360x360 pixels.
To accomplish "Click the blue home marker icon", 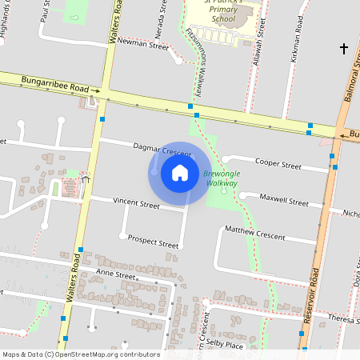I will click(x=180, y=172).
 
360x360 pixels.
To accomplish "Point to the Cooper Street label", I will click(x=278, y=165).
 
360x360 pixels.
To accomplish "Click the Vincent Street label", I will click(x=136, y=204).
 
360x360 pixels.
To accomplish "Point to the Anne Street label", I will click(x=116, y=274).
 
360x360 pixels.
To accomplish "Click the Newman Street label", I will click(x=143, y=46).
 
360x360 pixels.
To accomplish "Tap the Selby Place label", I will click(x=224, y=344).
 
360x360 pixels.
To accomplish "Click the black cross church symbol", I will click(x=344, y=50).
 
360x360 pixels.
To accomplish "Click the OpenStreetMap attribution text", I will click(x=81, y=354).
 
